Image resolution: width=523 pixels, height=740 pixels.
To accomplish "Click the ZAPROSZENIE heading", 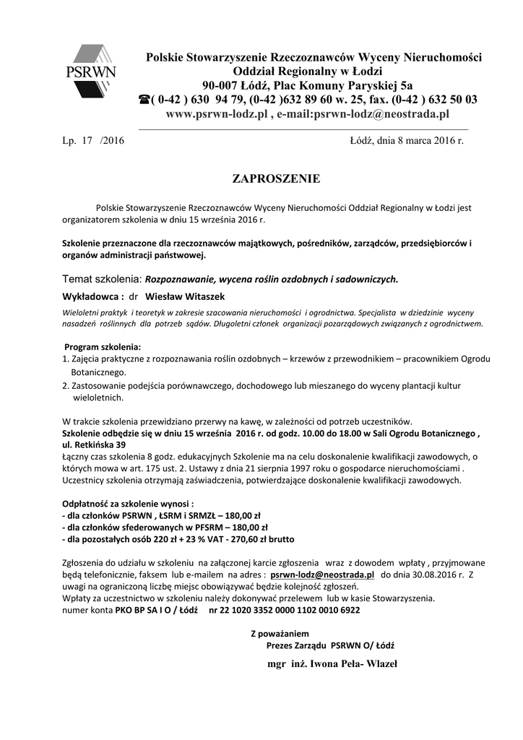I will tap(275, 178).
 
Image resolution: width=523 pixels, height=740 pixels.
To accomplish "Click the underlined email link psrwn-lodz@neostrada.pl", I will tap(322, 574).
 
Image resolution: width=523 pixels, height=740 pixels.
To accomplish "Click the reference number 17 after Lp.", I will tap(87, 140).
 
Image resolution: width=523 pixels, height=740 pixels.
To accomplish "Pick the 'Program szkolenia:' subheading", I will tap(103, 347).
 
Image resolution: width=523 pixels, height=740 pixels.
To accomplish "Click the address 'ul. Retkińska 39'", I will tap(95, 444).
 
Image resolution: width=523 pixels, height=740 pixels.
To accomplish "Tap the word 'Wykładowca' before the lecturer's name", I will tap(90, 296).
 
